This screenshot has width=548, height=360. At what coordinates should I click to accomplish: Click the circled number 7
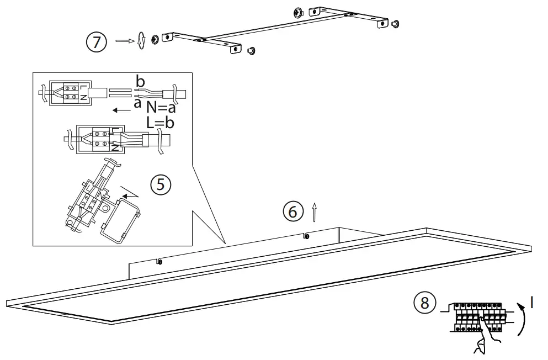[x=97, y=43]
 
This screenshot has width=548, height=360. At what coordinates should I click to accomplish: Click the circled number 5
[x=161, y=184]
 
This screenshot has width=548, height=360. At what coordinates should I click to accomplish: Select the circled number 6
[x=293, y=211]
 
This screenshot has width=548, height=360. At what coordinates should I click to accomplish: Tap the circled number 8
[x=424, y=303]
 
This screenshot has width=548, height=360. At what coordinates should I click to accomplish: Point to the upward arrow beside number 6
[x=315, y=210]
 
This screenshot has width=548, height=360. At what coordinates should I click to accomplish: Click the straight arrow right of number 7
[x=124, y=41]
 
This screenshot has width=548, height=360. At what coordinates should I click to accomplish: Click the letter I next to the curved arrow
[x=531, y=302]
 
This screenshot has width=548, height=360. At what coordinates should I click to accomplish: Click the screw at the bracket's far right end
[x=395, y=24]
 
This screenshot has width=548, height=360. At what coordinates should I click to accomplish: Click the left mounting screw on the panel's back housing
[x=159, y=262]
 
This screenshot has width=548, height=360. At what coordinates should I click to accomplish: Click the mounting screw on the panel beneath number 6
[x=306, y=236]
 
